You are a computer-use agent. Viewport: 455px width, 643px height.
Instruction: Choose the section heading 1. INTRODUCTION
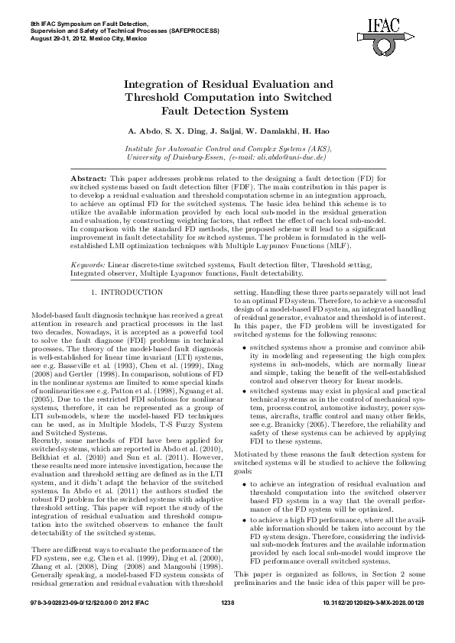click(x=127, y=292)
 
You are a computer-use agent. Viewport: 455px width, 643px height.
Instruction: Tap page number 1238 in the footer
click(x=227, y=625)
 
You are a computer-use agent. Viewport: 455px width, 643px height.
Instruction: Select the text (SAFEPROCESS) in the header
click(x=192, y=31)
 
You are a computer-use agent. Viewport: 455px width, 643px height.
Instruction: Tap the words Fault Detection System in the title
click(x=227, y=111)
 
